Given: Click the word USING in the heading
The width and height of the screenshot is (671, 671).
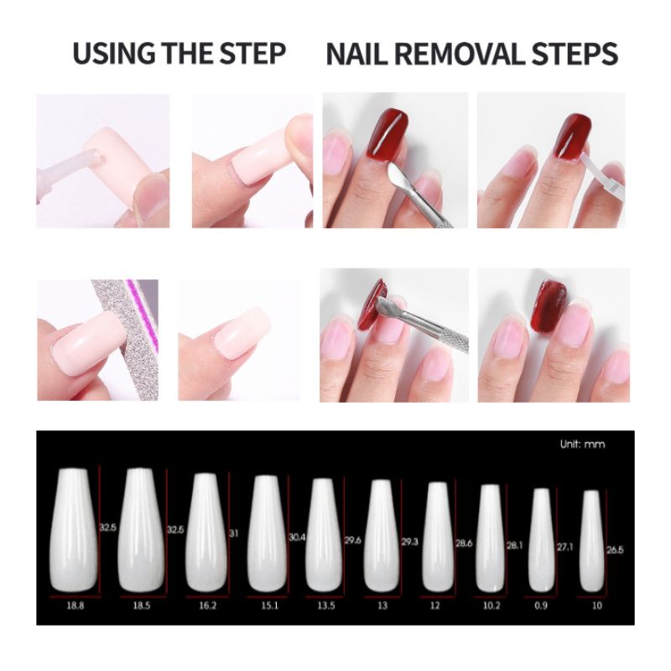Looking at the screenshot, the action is point(115,54).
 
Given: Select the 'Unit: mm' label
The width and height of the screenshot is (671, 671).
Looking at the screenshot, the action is point(582,445).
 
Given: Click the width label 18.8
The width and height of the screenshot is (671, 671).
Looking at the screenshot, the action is point(75,606).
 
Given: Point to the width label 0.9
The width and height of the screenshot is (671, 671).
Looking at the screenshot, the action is point(541,606).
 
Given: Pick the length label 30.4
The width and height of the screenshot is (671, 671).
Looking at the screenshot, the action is point(297,538).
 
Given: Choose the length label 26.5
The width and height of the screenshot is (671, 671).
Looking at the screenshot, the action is point(615,550).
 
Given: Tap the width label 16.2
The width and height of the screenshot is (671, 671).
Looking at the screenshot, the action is point(207,606).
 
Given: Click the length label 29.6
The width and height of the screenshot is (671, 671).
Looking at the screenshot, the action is point(352,540).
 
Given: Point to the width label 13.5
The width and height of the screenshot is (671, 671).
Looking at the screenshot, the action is point(326,606).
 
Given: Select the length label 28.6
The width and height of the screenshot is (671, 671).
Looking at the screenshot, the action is point(464,543).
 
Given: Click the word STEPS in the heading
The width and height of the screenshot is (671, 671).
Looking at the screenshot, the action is point(575,54).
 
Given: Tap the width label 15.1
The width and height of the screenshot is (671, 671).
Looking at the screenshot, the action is point(269,606).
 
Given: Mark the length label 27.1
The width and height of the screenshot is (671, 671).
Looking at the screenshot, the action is point(564,547).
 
